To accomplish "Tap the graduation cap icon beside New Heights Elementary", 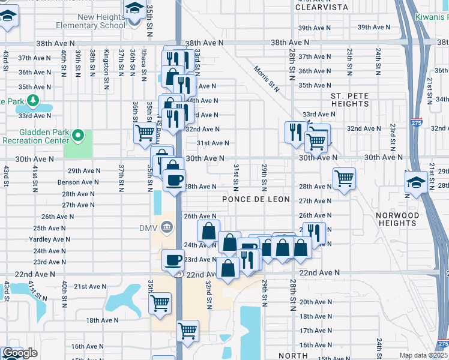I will click(133, 9).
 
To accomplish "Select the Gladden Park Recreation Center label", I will click(36, 136).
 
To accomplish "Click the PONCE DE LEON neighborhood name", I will click(256, 199).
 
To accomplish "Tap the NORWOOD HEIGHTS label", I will click(397, 219).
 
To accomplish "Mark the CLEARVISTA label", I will click(322, 8).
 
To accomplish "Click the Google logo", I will click(20, 353).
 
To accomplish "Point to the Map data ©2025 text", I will click(424, 355).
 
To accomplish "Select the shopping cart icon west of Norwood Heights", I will click(344, 178).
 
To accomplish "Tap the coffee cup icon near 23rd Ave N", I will click(173, 260).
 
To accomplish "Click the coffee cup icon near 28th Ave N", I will click(175, 180).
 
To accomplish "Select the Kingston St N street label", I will click(107, 62).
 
